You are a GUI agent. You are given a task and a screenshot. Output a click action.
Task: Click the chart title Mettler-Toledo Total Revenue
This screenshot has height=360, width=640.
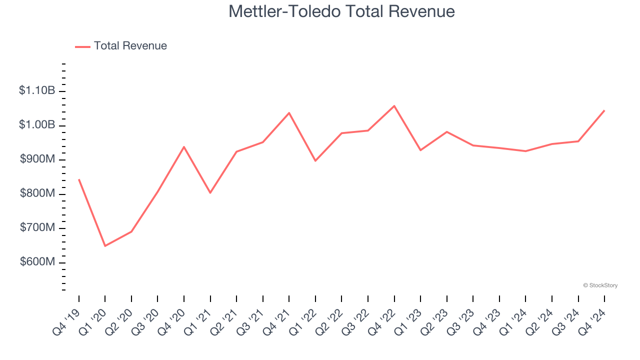point(341,11)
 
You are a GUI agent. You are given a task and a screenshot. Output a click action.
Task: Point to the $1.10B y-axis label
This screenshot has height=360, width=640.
point(37,90)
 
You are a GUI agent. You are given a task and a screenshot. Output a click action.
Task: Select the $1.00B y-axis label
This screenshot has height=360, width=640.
point(37,124)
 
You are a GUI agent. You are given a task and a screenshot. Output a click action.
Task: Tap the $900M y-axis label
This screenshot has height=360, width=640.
point(37,159)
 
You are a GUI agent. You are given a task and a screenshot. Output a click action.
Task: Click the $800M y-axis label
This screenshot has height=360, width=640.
point(37,193)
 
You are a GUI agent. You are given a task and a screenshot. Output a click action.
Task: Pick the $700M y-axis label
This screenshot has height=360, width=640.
point(37,227)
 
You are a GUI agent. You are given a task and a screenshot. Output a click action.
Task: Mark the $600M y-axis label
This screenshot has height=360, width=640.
point(37,262)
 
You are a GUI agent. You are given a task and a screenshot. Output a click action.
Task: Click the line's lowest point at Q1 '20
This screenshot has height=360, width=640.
point(105,246)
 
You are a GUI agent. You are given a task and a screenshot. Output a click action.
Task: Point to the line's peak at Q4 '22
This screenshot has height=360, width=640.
point(394,106)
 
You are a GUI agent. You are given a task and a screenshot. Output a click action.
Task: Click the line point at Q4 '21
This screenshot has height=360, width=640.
point(289,113)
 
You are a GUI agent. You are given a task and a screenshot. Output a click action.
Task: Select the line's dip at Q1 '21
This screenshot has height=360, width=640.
point(210,192)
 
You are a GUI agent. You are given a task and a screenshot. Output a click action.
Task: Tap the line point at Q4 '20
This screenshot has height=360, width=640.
point(184,147)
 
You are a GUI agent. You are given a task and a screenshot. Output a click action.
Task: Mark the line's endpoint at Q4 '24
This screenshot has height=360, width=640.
point(604,110)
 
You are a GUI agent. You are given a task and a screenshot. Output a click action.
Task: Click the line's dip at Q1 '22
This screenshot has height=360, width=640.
point(315,160)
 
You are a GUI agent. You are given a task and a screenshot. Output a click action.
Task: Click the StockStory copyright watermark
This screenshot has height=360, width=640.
point(600,285)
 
